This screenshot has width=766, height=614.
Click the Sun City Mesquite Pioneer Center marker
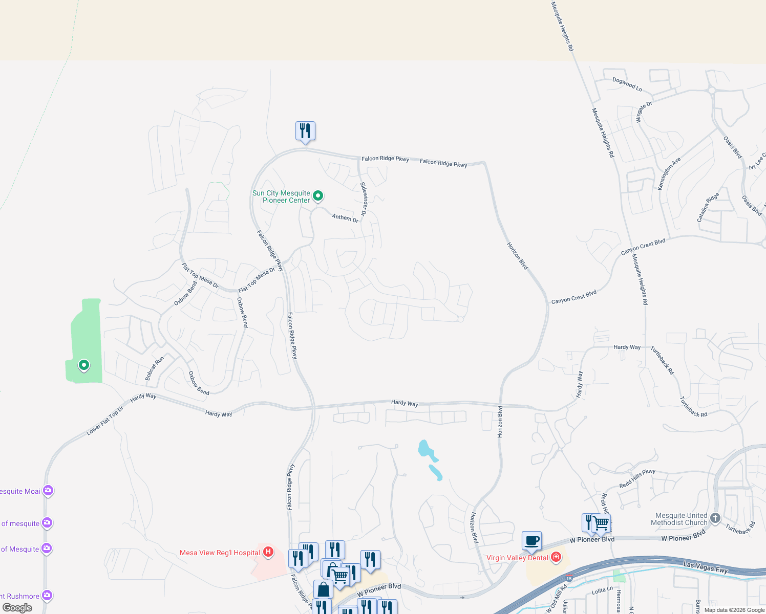318,195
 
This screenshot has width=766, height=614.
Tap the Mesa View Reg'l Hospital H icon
268,552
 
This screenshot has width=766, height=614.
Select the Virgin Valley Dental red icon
556,557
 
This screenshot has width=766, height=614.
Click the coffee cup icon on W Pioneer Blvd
531,540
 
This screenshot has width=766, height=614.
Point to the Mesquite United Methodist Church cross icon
715,518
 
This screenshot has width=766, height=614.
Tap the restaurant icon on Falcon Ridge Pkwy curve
305,131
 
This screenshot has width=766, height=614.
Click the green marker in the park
83,365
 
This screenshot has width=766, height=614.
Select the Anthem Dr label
345,217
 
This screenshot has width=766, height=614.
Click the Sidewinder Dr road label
364,199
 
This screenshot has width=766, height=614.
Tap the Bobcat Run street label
154,368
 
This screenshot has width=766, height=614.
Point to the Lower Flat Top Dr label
105,421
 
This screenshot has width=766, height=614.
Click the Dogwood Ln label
627,84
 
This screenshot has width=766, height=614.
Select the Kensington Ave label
669,173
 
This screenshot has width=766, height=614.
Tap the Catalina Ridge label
708,207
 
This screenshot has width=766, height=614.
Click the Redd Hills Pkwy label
637,478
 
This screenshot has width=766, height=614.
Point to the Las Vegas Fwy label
705,566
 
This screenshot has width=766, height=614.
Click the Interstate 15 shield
569,579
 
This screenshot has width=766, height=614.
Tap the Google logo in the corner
17,608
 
